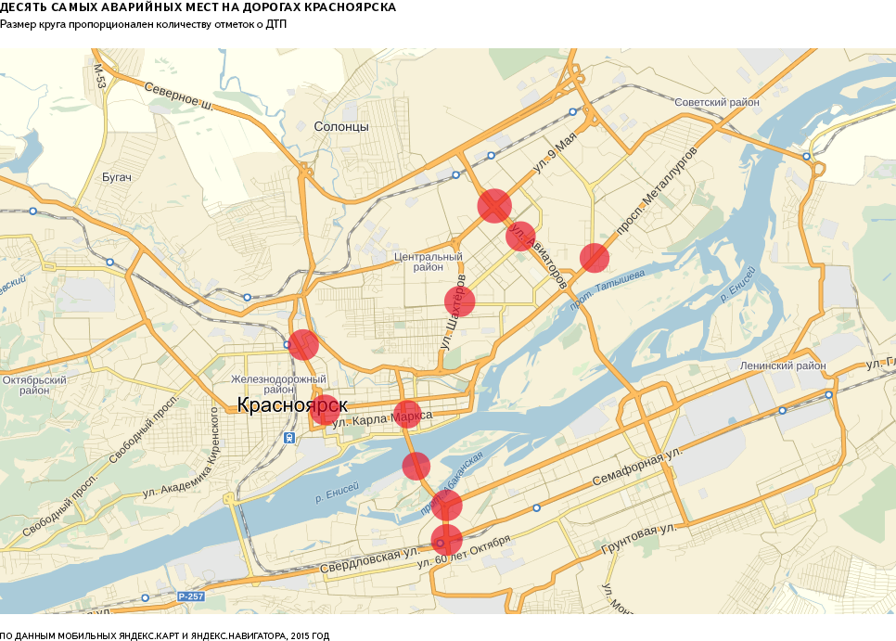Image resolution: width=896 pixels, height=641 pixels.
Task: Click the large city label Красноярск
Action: click(291, 405)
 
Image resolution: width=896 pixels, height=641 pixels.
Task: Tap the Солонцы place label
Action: click(340, 126)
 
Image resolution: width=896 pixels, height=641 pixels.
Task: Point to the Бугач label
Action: click(117, 176)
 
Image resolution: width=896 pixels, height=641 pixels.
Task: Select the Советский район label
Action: click(717, 102)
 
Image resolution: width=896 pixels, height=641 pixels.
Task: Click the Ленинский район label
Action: click(783, 365)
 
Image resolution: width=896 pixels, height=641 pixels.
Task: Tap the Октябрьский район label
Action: click(34, 385)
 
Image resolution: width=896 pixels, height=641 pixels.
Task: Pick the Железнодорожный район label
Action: click(277, 384)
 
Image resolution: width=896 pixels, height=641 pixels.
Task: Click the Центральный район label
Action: click(428, 262)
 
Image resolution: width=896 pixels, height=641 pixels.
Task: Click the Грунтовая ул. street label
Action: click(642, 535)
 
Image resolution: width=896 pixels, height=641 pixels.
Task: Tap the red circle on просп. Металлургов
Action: click(594, 258)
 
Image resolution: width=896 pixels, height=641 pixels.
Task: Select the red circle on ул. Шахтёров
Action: click(459, 301)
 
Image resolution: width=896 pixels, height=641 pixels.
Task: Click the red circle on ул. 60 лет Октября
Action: click(447, 539)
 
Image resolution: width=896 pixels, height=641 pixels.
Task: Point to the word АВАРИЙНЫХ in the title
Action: click(156, 7)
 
